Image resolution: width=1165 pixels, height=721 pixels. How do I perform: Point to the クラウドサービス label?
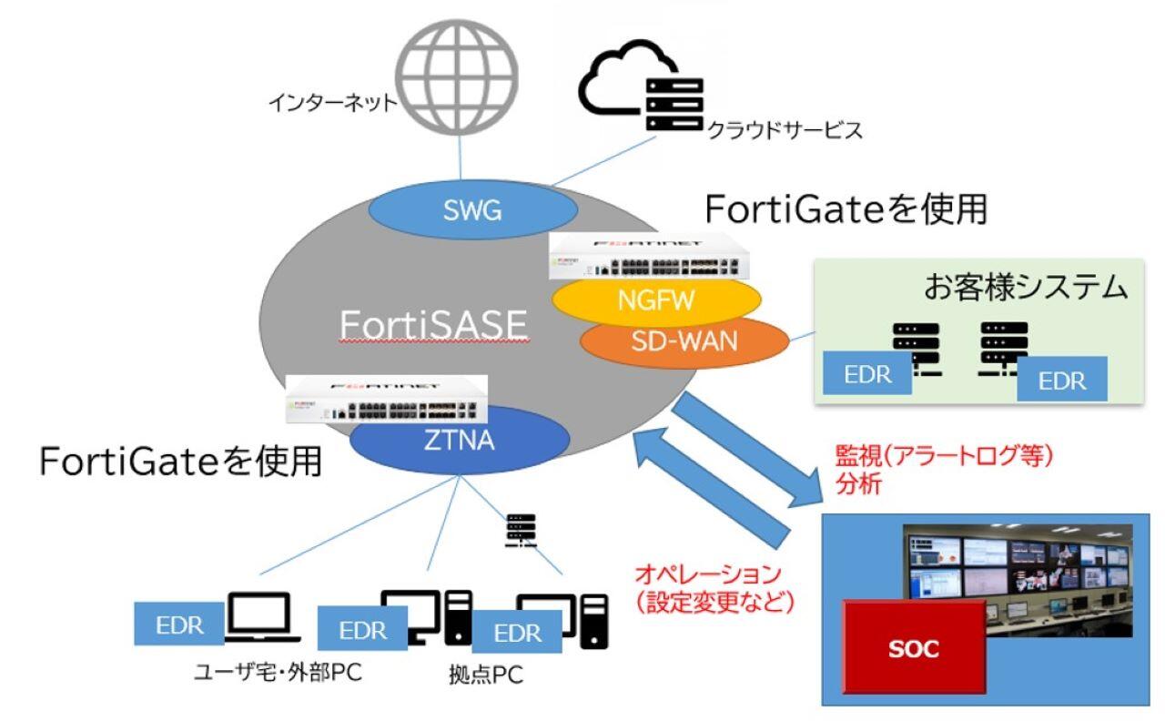784,131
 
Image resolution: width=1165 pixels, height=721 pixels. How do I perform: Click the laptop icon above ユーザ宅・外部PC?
258,616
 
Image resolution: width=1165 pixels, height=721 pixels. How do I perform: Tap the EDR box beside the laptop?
179,625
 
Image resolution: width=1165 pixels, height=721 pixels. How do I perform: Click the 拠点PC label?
486,675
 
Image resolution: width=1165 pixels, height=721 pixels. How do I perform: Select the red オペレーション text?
707,575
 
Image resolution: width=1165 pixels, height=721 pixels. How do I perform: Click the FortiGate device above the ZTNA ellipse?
387,399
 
